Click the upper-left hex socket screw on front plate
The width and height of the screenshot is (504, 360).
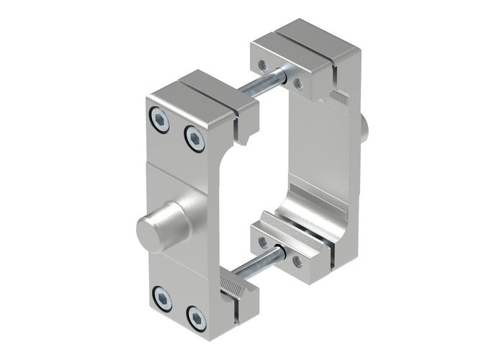coord(161,120)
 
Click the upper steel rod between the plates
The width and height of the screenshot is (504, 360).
coord(263,82)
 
